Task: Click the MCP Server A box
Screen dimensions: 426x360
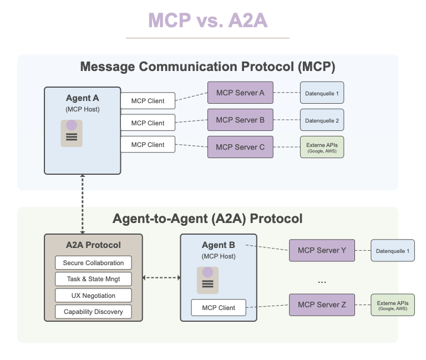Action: [240, 93]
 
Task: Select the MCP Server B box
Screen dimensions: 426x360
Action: [240, 120]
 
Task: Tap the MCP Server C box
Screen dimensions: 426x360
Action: [240, 147]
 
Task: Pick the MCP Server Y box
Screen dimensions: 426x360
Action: [322, 251]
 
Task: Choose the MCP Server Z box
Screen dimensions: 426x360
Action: [322, 305]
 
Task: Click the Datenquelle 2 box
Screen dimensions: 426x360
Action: [322, 120]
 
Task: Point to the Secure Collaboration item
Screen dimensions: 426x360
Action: [93, 263]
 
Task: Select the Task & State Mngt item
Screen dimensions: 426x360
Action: [93, 279]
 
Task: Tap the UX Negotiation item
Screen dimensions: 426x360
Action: [93, 295]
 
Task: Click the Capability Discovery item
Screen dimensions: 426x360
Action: [93, 312]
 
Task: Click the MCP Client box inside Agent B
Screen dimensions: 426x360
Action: [219, 307]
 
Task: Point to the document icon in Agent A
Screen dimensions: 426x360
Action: [72, 133]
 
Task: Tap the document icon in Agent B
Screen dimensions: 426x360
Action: [207, 280]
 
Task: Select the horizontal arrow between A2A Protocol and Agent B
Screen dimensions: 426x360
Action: [161, 278]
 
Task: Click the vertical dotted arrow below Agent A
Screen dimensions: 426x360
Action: [82, 204]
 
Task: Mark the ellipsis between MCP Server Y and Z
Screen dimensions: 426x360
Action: [322, 282]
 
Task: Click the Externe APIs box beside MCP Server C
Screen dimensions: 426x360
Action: [322, 147]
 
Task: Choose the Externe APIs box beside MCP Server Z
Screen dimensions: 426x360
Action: [393, 305]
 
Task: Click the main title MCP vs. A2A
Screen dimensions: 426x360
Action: [208, 21]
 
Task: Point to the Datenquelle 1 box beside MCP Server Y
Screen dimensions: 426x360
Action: [393, 251]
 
